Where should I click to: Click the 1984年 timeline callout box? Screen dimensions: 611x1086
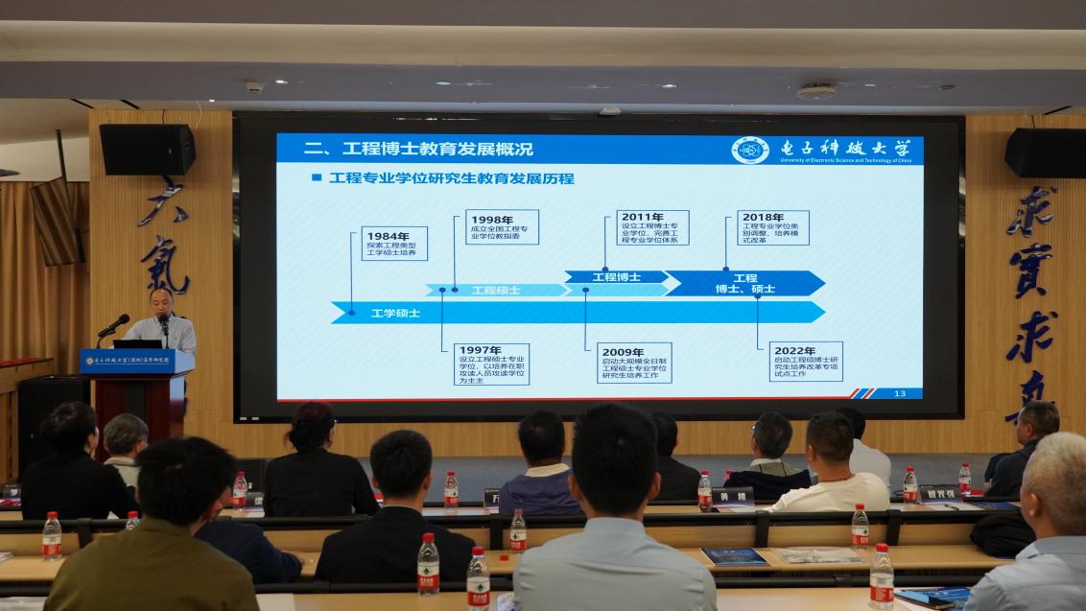point(394,244)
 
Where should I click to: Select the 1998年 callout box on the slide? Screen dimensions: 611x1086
point(502,227)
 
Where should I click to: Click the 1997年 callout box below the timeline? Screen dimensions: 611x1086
point(491,364)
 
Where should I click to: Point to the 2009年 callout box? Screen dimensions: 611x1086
point(634,364)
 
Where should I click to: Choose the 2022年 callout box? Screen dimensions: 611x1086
point(807,362)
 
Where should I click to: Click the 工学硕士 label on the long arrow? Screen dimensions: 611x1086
point(396,313)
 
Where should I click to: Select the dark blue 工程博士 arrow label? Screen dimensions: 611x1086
point(616,277)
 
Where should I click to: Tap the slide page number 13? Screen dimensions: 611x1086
point(899,393)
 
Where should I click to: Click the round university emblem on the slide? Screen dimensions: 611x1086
point(750,150)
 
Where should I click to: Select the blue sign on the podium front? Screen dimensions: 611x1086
point(136,362)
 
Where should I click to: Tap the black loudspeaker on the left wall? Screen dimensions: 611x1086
point(147,149)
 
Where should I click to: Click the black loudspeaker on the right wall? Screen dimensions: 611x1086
point(1045,153)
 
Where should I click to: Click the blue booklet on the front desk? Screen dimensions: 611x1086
point(735,556)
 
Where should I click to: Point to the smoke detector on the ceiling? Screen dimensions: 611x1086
point(815,92)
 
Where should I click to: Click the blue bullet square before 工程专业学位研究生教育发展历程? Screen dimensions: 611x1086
point(316,177)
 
